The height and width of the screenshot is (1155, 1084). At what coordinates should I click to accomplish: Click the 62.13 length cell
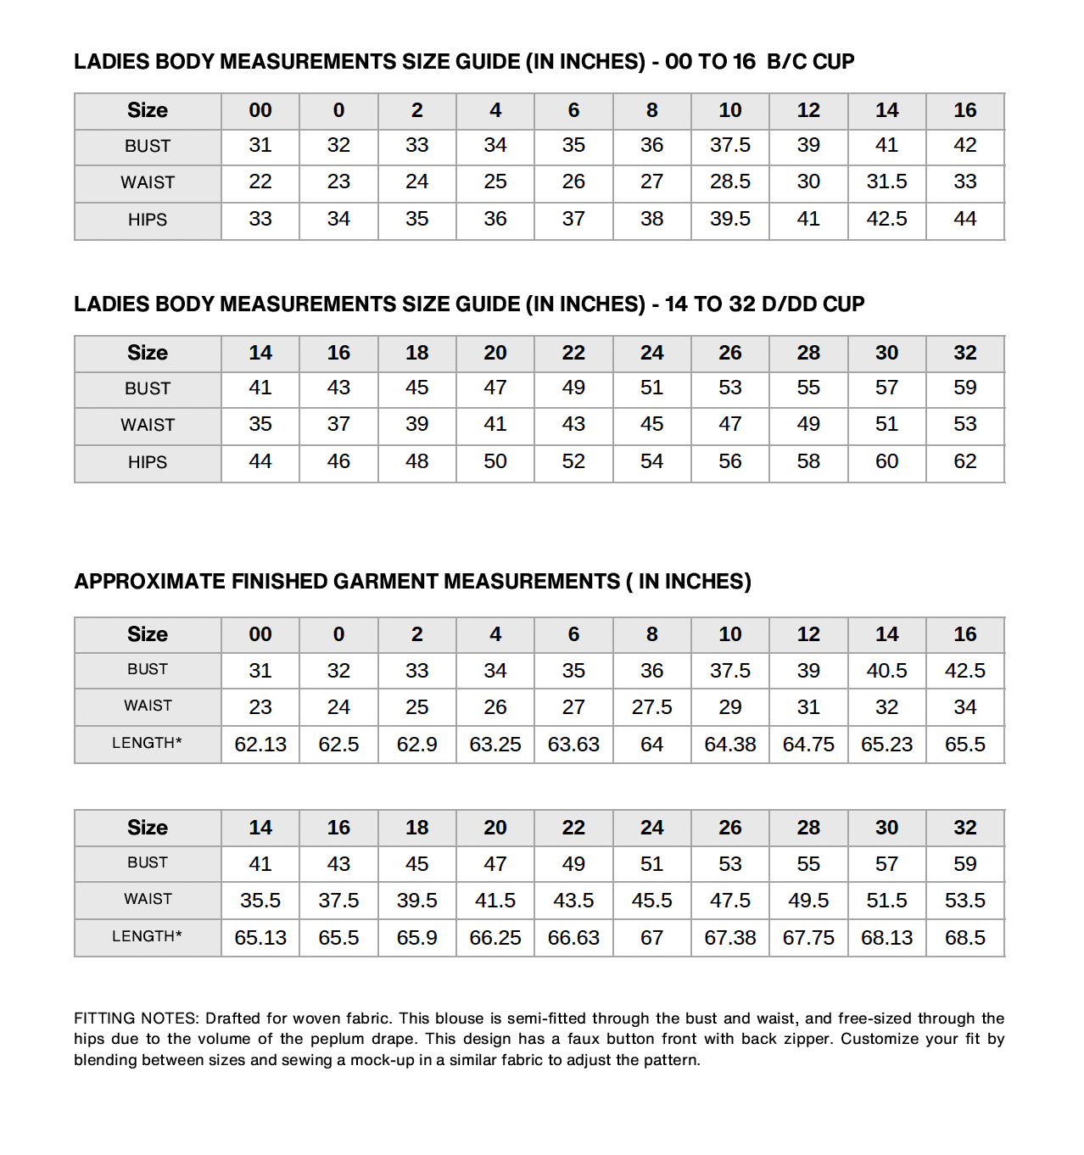260,745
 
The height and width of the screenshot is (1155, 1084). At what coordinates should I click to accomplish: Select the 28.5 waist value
730,181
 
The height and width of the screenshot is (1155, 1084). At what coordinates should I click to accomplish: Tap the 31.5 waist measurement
886,181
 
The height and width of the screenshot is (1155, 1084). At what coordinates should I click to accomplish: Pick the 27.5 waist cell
651,707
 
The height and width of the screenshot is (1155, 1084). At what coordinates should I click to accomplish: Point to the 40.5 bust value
886,671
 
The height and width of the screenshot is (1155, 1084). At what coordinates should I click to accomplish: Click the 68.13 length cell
886,938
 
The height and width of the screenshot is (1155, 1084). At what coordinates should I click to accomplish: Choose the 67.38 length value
730,938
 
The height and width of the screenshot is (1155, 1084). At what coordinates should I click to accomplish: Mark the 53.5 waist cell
965,901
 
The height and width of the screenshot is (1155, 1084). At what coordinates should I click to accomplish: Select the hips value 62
965,461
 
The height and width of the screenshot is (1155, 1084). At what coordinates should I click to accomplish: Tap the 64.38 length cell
730,745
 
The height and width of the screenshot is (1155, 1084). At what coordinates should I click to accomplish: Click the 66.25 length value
495,938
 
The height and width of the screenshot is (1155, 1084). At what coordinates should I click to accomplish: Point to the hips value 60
886,461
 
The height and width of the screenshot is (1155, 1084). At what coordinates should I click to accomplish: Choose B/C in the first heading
786,62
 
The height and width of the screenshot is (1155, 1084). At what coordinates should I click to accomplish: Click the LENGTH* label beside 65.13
148,936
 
